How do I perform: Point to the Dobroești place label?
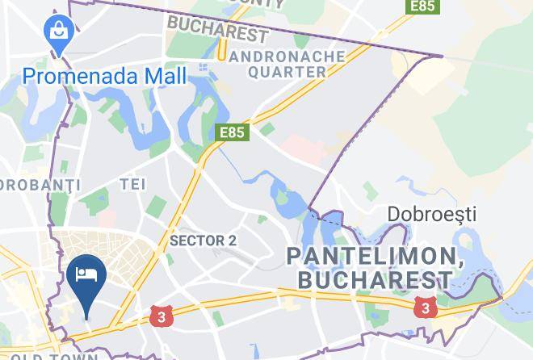(432, 215)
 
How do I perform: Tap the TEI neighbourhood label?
(132, 184)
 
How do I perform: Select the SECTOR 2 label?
(203, 241)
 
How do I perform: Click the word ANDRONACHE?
(287, 57)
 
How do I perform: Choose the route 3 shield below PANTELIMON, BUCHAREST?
(424, 308)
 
